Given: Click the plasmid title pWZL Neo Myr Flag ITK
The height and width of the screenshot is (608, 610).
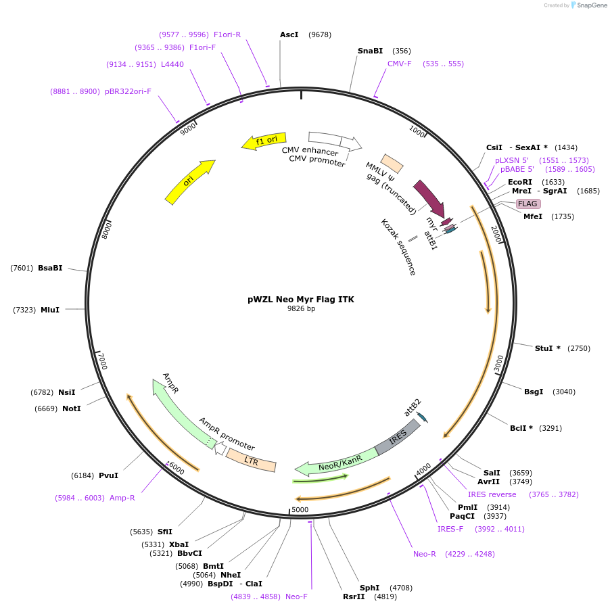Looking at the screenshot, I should point(300,299).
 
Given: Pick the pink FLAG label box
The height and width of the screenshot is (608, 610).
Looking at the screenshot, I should point(527,204).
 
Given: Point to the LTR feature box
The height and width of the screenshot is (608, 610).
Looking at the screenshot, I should point(252,461).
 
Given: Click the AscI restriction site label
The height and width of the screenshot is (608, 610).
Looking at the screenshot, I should point(289,34).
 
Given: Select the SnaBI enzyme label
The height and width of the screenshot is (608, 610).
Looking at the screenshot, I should point(370,51).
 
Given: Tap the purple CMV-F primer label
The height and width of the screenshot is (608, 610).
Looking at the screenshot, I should point(399,64).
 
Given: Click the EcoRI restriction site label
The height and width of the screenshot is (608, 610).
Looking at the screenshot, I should point(520,182).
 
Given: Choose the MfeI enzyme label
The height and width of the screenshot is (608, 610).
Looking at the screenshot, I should point(533,216).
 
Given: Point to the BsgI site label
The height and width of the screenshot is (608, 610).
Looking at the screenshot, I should point(534,392).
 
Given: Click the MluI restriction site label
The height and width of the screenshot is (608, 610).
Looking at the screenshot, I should point(50,310).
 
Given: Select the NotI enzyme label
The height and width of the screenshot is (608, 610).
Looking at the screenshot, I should point(71,408).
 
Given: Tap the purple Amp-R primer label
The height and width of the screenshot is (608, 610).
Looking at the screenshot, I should point(122,498).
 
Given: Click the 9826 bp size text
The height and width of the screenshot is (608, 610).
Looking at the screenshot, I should point(301,309).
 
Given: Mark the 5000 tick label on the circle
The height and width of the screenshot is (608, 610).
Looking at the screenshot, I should point(300,509).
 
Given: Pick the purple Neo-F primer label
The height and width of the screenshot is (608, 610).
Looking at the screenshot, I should point(296,597).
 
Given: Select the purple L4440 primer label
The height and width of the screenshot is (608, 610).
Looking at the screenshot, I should point(172,64).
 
